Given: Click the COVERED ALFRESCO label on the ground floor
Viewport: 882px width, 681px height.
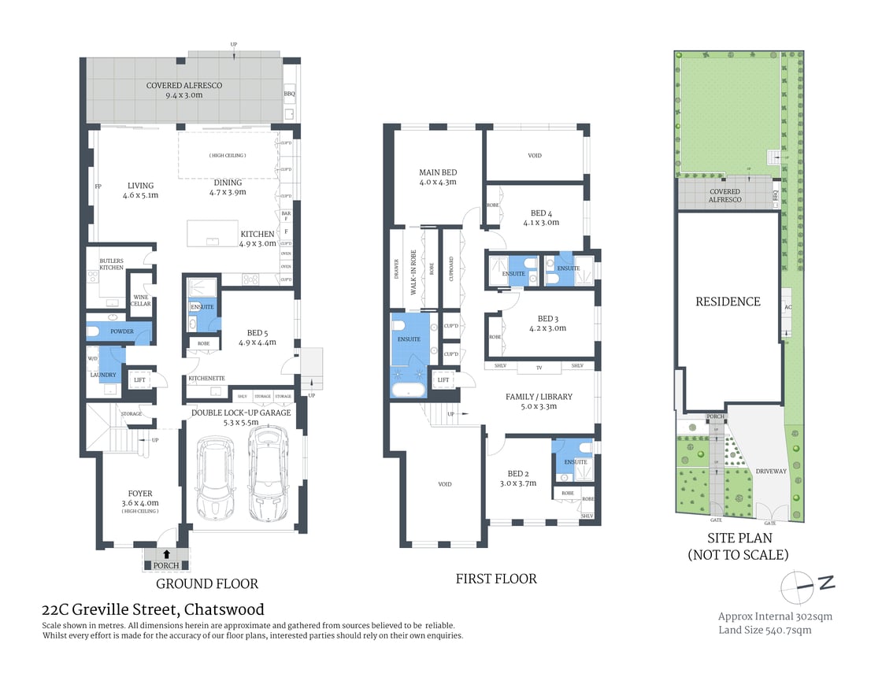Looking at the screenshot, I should pyautogui.click(x=184, y=85).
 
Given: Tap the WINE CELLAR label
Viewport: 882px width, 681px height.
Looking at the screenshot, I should pyautogui.click(x=140, y=299).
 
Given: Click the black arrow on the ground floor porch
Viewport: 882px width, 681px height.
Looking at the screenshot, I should pyautogui.click(x=166, y=554).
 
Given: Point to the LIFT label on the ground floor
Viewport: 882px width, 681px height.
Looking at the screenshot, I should pyautogui.click(x=140, y=379).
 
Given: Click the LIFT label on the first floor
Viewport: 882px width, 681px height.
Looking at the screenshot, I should pyautogui.click(x=443, y=379).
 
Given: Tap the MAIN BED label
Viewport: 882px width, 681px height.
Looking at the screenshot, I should pyautogui.click(x=438, y=172).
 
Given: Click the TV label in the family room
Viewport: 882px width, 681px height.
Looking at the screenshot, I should pyautogui.click(x=539, y=366).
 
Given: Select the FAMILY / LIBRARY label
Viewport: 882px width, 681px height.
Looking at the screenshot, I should pyautogui.click(x=539, y=396).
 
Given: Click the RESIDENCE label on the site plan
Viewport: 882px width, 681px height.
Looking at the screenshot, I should pyautogui.click(x=728, y=302).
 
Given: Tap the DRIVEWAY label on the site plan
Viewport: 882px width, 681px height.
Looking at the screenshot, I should pyautogui.click(x=771, y=471).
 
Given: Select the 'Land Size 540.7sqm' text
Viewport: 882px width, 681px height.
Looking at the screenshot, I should pyautogui.click(x=765, y=630).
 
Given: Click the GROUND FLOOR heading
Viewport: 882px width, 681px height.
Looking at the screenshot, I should pyautogui.click(x=207, y=583).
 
